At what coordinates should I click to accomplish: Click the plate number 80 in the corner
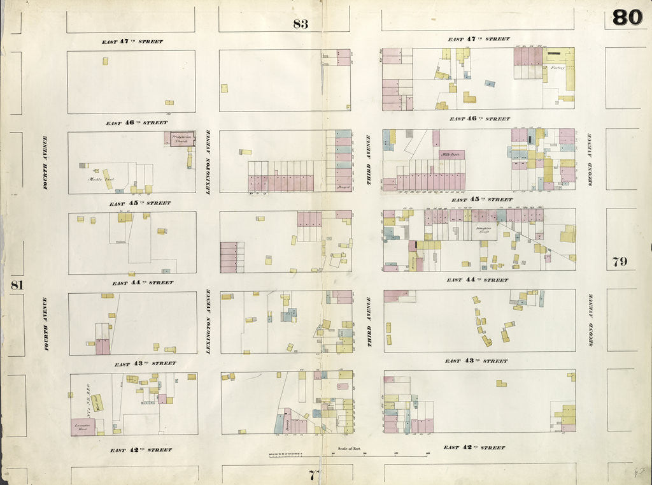click(627, 18)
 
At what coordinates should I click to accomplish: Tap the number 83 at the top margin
click(301, 25)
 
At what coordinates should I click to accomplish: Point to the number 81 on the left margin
click(17, 285)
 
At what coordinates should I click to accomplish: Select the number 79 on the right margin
click(620, 262)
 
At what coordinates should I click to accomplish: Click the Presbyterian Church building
click(181, 139)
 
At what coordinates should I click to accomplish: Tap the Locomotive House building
click(83, 427)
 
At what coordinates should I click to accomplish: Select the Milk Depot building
click(451, 155)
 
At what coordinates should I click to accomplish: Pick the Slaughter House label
click(485, 228)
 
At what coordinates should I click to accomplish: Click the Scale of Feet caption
click(348, 449)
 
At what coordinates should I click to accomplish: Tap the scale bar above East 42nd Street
click(348, 455)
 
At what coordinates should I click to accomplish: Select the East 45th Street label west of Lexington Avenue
click(139, 203)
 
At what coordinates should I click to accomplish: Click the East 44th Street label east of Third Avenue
click(478, 280)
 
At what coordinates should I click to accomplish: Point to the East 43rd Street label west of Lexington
click(145, 364)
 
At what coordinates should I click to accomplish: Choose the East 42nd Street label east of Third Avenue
click(474, 447)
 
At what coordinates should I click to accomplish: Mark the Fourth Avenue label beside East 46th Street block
click(45, 163)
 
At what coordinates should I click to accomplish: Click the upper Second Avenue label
click(590, 159)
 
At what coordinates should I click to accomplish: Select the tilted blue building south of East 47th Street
click(489, 83)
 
